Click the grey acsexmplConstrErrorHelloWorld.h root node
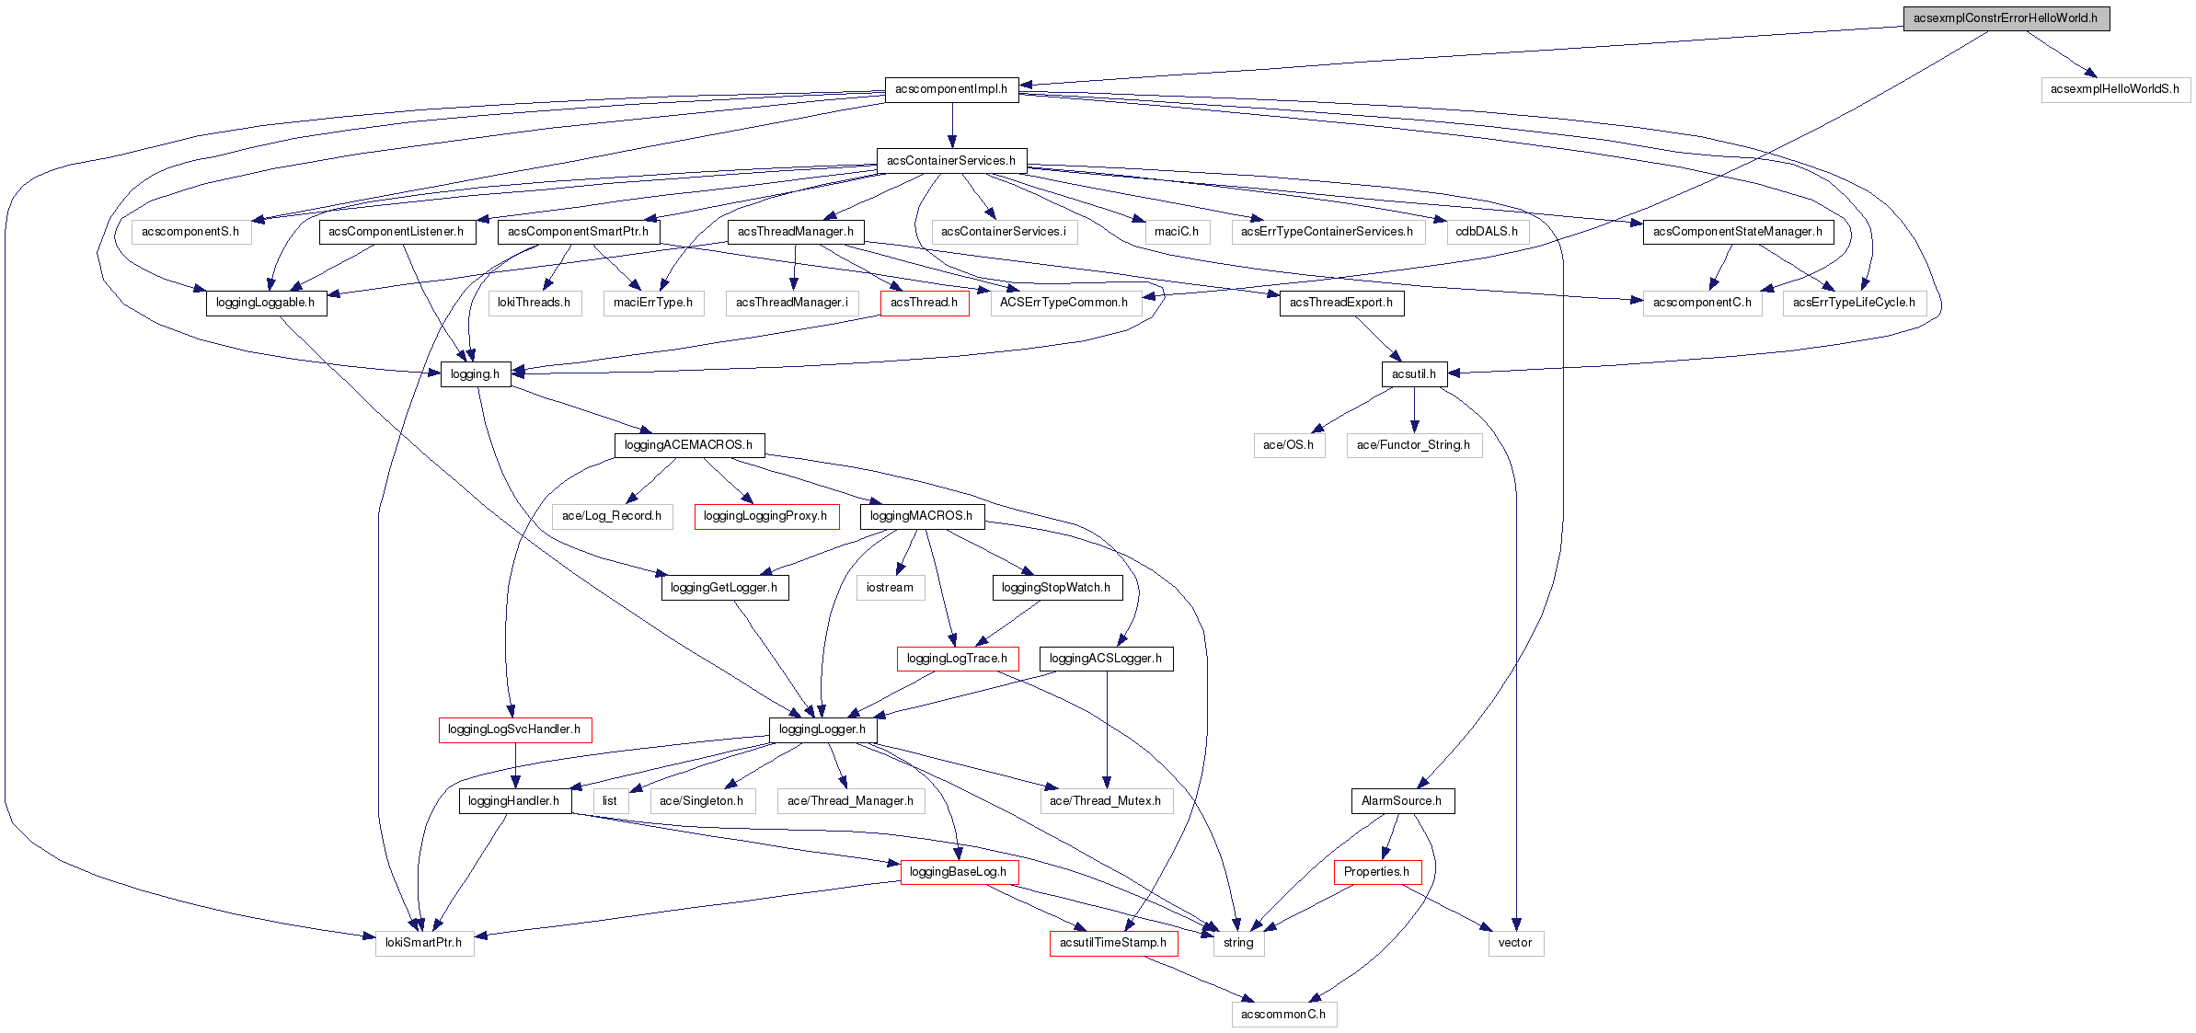(2006, 18)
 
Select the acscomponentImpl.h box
(951, 89)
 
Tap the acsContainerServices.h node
(951, 161)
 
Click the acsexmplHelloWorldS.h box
(2115, 89)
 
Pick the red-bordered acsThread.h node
(924, 303)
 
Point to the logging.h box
(475, 374)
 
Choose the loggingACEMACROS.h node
(688, 445)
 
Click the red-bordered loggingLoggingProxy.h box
(765, 516)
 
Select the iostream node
(890, 588)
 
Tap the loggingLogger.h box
(822, 729)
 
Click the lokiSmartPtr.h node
(424, 943)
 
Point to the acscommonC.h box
(1283, 1015)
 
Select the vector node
(1515, 943)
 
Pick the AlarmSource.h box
(1401, 801)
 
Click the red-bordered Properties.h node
(1376, 872)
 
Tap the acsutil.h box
(1413, 374)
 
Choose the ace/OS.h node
(1288, 445)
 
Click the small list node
(610, 801)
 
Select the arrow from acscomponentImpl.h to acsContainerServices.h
(952, 125)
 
